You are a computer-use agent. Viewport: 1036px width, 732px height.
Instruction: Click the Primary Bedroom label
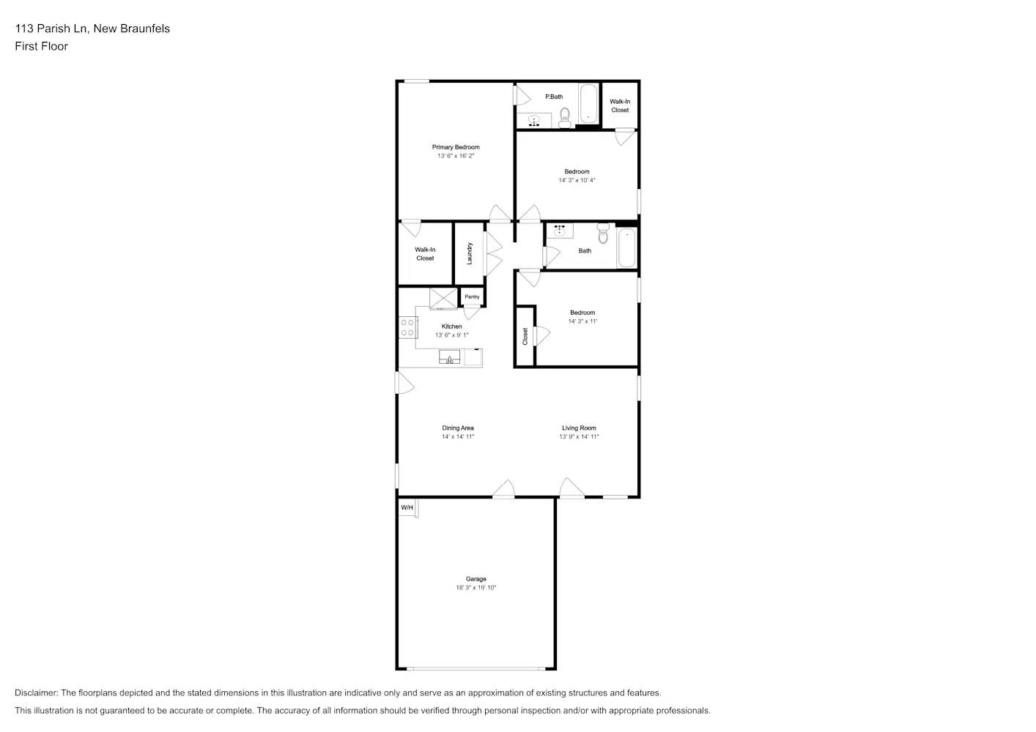tap(455, 147)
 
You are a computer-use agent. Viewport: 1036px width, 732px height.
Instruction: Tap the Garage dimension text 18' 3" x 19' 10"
tap(476, 588)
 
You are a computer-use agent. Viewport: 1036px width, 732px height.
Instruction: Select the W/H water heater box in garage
tap(407, 508)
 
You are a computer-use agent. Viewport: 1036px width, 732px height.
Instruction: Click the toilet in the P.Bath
tap(564, 117)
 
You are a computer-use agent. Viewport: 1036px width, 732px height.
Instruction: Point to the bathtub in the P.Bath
tap(589, 104)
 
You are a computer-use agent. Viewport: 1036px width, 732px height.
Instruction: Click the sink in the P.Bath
tap(534, 121)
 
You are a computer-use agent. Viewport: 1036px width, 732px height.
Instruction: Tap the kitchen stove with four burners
tap(407, 327)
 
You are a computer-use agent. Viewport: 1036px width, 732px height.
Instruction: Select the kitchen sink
tap(449, 357)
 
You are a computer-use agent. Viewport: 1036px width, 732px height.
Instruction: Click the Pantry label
tap(472, 296)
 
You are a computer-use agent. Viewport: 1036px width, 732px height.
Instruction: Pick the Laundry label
tap(469, 253)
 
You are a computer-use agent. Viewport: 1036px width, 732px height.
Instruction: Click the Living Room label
tap(579, 428)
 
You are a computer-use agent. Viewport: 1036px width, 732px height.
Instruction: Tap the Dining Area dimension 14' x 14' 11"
tap(458, 437)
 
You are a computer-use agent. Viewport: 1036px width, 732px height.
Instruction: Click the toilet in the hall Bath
tap(603, 234)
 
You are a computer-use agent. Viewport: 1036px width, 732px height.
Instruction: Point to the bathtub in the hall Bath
tap(626, 248)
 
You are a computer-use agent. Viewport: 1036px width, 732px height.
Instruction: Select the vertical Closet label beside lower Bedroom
tap(525, 336)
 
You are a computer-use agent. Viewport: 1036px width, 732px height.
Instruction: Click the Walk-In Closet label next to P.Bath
tap(620, 106)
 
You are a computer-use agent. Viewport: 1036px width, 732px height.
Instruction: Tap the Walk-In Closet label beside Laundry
tap(425, 254)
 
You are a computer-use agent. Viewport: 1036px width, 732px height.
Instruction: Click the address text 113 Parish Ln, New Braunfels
tap(92, 29)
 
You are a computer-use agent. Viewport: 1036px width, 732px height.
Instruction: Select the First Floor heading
tap(41, 46)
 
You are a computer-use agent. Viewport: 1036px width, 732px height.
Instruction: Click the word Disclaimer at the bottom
tap(36, 692)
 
